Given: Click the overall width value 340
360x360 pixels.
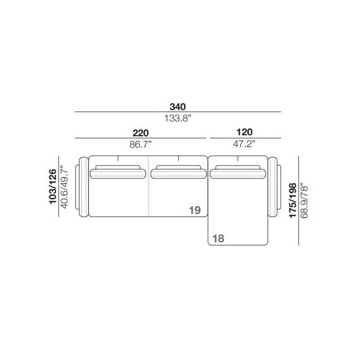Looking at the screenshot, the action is coord(177,107).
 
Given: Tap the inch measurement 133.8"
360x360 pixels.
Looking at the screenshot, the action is coord(177,118).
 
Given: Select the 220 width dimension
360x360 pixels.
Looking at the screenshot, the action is coord(140,133).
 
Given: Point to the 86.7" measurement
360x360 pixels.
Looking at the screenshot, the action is coord(140,145).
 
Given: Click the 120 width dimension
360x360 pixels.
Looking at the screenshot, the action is coord(244,132).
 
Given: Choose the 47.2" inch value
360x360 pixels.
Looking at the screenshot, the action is coord(244,143).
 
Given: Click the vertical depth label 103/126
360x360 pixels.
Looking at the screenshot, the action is coord(53,186).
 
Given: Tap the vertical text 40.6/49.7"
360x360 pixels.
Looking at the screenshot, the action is coord(64,187).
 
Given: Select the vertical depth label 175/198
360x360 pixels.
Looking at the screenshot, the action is coord(293,200).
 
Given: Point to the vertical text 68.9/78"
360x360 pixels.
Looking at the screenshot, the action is coord(304,201).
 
